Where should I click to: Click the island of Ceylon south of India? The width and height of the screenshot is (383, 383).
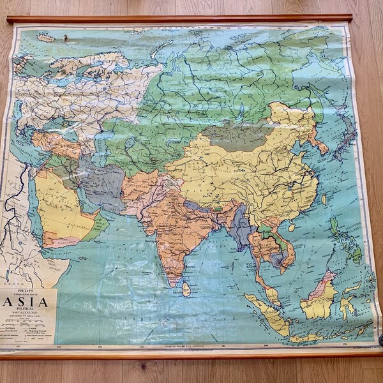(x=186, y=290)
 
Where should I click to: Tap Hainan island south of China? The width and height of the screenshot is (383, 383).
(x=291, y=227)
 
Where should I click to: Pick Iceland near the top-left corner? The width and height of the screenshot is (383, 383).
(x=45, y=38)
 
